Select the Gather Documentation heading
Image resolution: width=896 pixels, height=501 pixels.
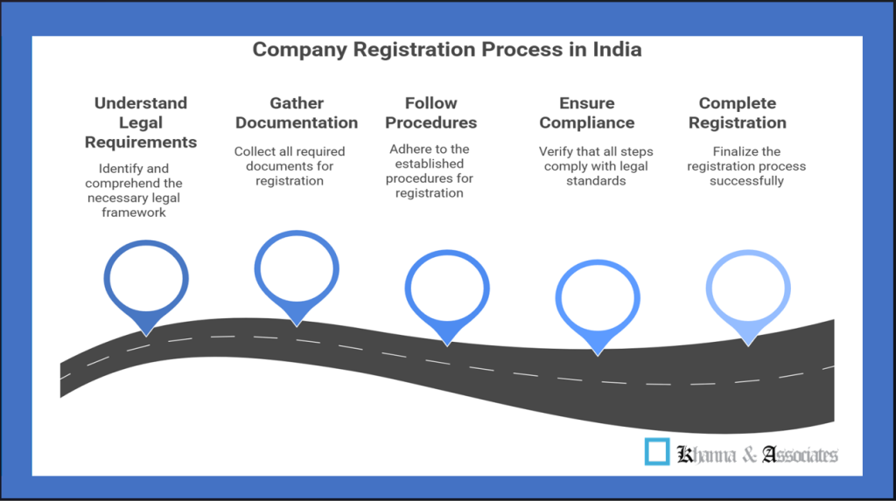(x=297, y=113)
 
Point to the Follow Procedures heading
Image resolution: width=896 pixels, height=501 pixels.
(x=430, y=113)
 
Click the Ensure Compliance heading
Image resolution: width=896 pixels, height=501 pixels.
(x=586, y=113)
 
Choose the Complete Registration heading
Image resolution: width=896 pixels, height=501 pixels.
(x=737, y=113)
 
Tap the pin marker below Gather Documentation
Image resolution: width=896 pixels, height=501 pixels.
(x=297, y=271)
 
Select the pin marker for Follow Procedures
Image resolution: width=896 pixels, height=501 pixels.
(x=447, y=289)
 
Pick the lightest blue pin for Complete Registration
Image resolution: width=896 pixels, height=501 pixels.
(x=748, y=289)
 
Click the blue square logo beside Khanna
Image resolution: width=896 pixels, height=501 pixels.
(x=656, y=451)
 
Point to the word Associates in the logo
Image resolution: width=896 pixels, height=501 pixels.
(x=800, y=455)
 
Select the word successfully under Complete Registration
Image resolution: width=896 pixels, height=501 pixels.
(x=746, y=181)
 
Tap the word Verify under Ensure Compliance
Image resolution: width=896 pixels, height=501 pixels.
(x=556, y=151)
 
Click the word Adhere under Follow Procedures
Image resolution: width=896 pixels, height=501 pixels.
(x=409, y=149)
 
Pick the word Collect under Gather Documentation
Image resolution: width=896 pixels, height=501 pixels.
(x=255, y=151)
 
